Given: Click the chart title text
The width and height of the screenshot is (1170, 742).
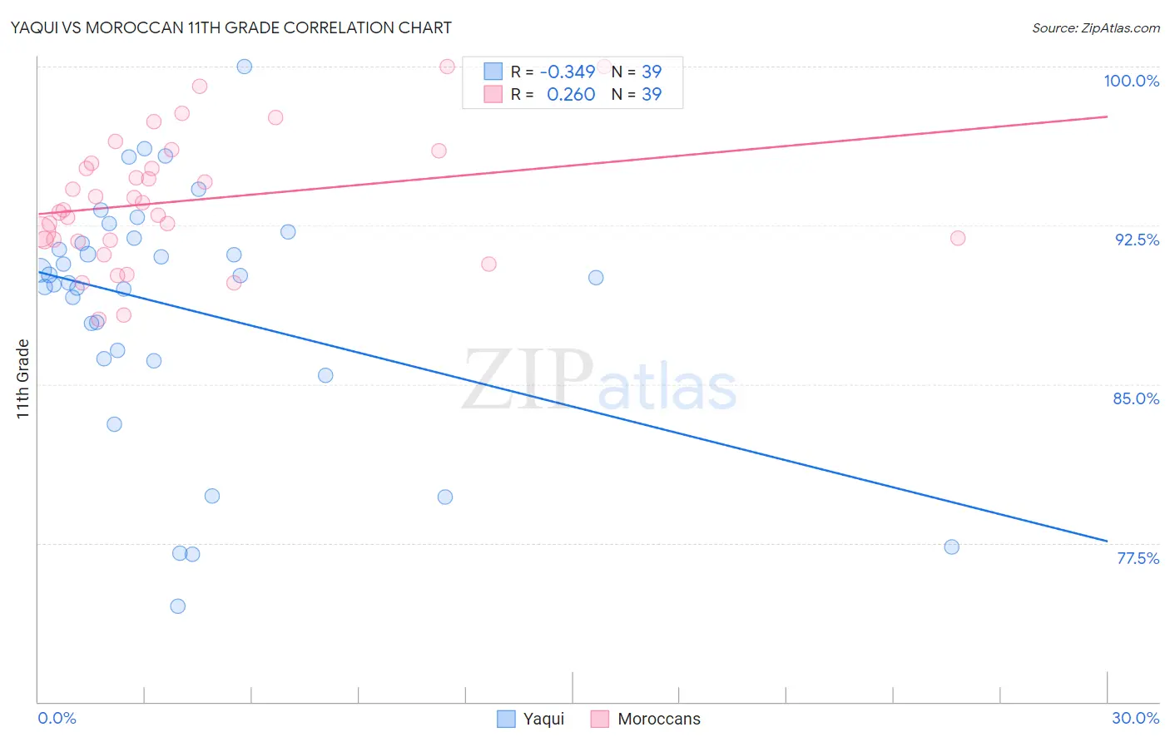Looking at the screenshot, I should point(231,27).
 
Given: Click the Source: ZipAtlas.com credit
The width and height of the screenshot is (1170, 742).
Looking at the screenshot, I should point(1095,27).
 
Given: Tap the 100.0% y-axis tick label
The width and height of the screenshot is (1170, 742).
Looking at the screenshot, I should point(1131,81).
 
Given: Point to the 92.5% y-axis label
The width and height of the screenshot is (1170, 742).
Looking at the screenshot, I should point(1137,240).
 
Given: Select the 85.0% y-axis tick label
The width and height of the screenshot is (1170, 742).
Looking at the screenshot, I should point(1136,398).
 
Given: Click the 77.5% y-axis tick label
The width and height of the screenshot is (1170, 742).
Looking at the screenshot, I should point(1138,558).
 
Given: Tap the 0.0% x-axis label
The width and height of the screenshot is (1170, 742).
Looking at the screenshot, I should point(57,718).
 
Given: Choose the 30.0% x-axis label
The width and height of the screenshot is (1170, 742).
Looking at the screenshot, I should point(1135,718).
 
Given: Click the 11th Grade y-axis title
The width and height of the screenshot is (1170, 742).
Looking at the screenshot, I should point(22,378).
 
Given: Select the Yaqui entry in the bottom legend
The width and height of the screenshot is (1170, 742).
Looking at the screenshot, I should point(543,719).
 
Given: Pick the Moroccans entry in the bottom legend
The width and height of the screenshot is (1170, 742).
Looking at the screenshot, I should point(658,719).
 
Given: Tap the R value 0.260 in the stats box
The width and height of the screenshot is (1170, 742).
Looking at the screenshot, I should point(570,94).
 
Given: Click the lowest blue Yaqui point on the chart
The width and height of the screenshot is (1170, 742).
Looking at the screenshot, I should point(177,606).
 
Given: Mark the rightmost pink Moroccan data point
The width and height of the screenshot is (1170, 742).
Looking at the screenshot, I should point(958,238).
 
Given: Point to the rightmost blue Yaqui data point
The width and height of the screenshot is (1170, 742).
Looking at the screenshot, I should point(952,547).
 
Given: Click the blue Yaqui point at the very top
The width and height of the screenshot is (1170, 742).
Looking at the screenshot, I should point(245,67).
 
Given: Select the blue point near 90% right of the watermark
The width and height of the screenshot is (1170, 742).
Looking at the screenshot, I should point(596,278).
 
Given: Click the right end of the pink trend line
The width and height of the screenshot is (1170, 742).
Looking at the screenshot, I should point(1107,116).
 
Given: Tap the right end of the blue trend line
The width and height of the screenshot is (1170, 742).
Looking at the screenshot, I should point(1107,541).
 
